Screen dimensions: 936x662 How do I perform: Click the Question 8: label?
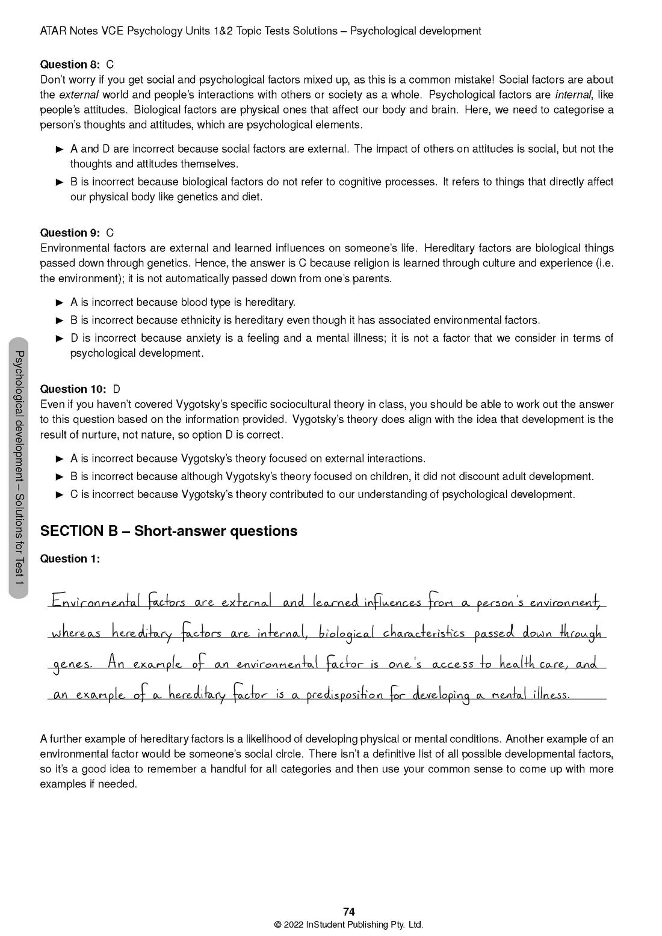click(70, 64)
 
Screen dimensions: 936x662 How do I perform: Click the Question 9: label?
click(70, 233)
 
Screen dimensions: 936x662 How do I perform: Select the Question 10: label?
click(73, 389)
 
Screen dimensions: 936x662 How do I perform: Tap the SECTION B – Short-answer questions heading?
click(169, 531)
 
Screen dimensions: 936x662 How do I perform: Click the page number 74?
click(348, 912)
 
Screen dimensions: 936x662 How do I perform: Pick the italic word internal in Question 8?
click(573, 95)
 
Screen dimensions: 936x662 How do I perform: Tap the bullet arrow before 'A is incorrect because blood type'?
click(60, 303)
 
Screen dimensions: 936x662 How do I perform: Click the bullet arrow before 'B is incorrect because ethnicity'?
click(60, 321)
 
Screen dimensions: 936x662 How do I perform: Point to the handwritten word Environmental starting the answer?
click(96, 602)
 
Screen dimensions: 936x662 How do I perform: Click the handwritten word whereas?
click(76, 633)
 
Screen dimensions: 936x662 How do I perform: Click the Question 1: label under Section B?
click(70, 559)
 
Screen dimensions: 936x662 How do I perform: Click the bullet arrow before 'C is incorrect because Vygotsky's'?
click(60, 495)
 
